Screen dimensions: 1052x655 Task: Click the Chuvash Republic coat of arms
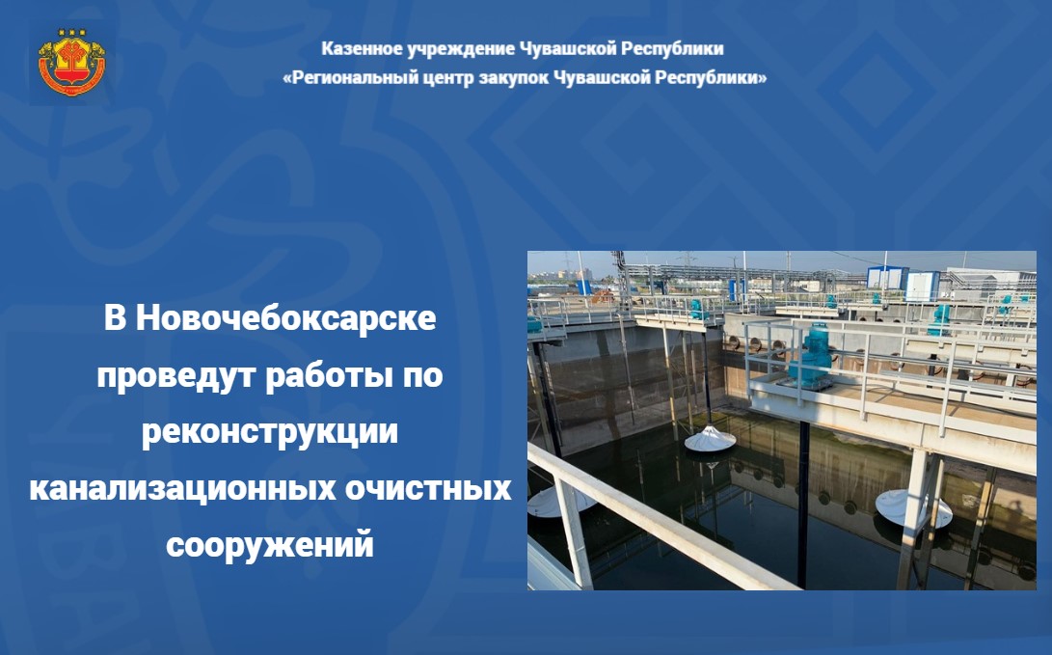[71, 63]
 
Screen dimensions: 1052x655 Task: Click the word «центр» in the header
[449, 78]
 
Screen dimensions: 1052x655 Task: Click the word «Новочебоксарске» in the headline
[286, 318]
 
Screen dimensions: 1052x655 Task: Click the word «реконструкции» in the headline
[270, 433]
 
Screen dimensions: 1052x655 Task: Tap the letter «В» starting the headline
[115, 318]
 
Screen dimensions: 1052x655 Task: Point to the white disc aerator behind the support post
[913, 508]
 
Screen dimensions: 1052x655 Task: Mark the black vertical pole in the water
[803, 505]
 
